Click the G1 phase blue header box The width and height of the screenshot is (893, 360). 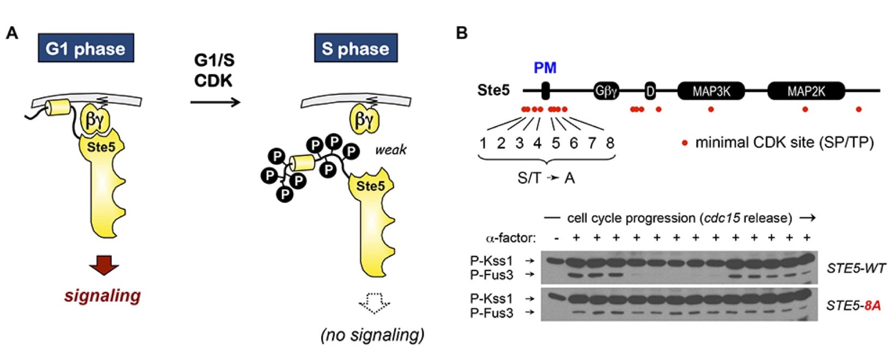[x=86, y=49]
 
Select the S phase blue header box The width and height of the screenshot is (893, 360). [x=355, y=49]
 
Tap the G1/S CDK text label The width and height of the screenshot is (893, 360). [x=214, y=70]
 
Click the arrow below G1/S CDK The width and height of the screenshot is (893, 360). [x=215, y=102]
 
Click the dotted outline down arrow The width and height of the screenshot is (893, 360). [x=372, y=303]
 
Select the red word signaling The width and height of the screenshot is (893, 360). [x=102, y=296]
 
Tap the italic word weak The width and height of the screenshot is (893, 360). [x=390, y=150]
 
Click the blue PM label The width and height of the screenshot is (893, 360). [x=545, y=68]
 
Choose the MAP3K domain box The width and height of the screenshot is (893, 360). [x=711, y=91]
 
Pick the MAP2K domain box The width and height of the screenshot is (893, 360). [x=806, y=91]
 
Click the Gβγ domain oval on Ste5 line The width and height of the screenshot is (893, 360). [x=606, y=91]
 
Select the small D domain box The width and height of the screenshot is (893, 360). [x=650, y=91]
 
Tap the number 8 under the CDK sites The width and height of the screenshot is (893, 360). [x=610, y=143]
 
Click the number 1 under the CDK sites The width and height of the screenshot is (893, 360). [x=483, y=143]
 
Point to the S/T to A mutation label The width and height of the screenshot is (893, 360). [x=546, y=178]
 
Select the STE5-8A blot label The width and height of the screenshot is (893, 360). [x=853, y=305]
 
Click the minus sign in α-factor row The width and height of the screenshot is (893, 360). [x=556, y=238]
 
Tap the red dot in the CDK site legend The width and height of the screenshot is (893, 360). [x=685, y=143]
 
